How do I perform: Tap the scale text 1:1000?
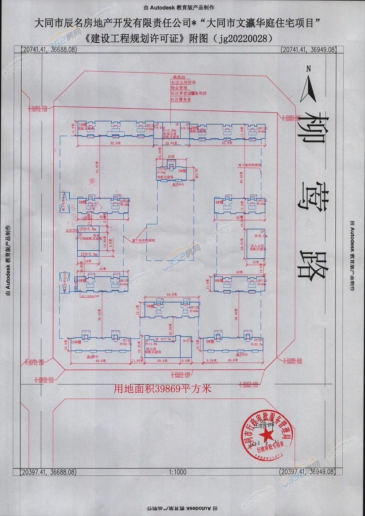(x=178, y=472)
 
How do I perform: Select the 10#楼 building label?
(x=75, y=342)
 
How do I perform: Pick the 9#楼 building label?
(x=210, y=342)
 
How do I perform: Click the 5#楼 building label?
(x=82, y=202)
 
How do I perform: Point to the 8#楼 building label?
(x=219, y=281)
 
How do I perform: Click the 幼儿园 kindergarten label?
(x=151, y=349)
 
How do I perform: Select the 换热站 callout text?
(x=179, y=77)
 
